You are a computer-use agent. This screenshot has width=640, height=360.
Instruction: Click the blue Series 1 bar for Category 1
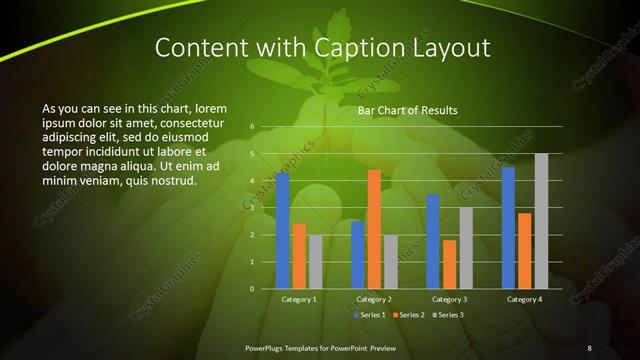[x=283, y=231]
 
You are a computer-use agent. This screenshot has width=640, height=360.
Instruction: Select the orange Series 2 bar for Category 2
[x=374, y=229]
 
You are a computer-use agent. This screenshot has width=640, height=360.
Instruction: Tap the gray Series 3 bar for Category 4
[x=541, y=221]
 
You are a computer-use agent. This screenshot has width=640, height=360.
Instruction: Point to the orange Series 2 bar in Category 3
[x=449, y=264]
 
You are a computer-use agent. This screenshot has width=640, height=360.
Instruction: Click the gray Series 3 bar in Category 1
[x=315, y=262]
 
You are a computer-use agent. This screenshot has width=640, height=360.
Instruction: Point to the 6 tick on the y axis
[x=253, y=127]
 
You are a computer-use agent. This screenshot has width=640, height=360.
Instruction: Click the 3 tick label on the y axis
[x=253, y=208]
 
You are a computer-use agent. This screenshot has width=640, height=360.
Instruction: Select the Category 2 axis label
[x=374, y=299]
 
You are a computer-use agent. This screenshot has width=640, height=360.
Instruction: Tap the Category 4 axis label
[x=524, y=299]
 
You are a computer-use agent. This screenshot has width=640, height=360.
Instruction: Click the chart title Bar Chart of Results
[x=407, y=110]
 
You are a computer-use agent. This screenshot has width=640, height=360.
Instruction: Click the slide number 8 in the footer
[x=589, y=347]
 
